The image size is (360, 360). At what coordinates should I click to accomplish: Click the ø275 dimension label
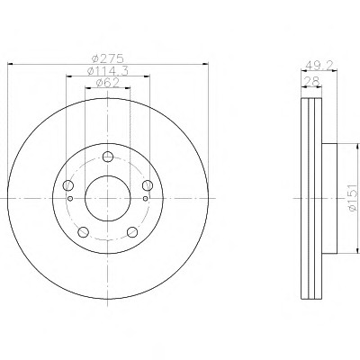[108, 58]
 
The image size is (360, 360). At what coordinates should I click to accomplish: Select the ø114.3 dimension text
[108, 71]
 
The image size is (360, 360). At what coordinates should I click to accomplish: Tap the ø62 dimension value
[108, 83]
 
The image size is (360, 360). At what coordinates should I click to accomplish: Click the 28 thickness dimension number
[311, 81]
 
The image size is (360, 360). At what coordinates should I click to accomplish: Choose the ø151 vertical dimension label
[353, 198]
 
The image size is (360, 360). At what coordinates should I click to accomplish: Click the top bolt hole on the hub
[108, 157]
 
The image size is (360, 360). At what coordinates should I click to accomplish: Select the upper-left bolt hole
[68, 185]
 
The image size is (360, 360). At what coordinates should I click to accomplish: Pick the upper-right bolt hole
[148, 185]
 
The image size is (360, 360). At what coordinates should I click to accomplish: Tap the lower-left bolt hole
[83, 231]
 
